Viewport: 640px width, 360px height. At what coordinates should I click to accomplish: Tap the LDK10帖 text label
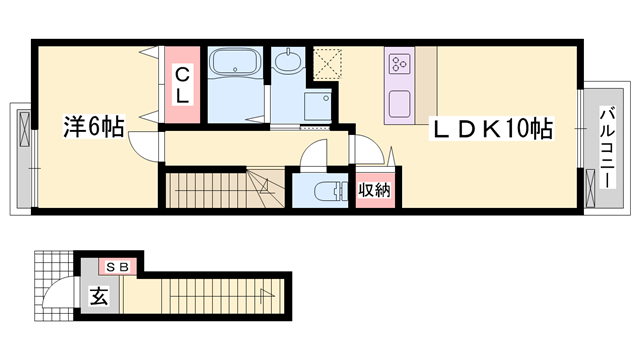(x=491, y=129)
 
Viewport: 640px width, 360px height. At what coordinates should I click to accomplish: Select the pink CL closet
(x=183, y=84)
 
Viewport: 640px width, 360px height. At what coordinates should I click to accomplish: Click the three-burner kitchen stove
(x=401, y=65)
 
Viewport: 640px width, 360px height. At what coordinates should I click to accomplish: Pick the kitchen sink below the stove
(x=400, y=103)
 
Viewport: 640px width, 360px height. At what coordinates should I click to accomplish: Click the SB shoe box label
(x=118, y=267)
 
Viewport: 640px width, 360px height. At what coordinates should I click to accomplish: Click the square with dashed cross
(x=326, y=63)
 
